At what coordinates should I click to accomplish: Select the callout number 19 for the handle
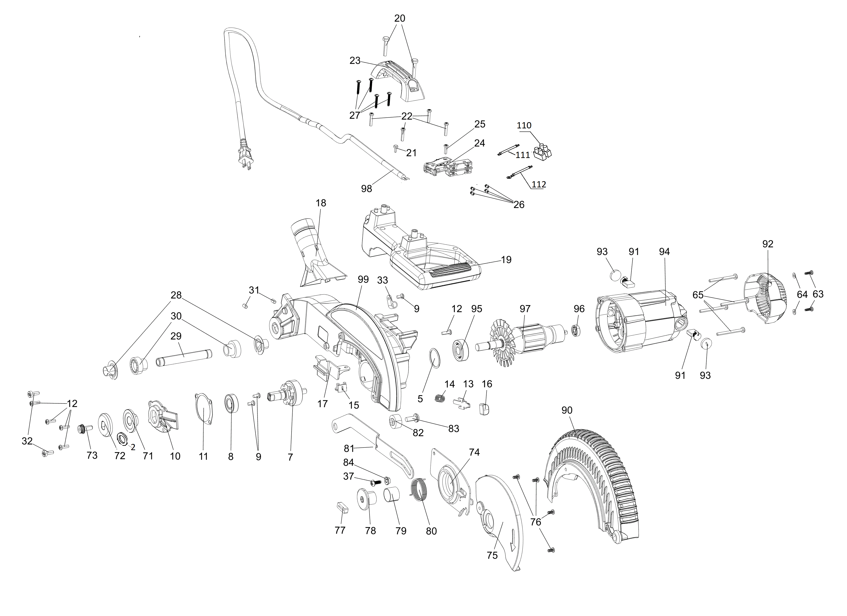pyautogui.click(x=506, y=260)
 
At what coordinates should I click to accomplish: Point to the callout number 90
pyautogui.click(x=567, y=410)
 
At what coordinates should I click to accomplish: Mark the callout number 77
pyautogui.click(x=340, y=530)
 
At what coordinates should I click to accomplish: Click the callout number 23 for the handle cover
pyautogui.click(x=355, y=60)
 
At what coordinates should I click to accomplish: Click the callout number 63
pyautogui.click(x=818, y=294)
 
